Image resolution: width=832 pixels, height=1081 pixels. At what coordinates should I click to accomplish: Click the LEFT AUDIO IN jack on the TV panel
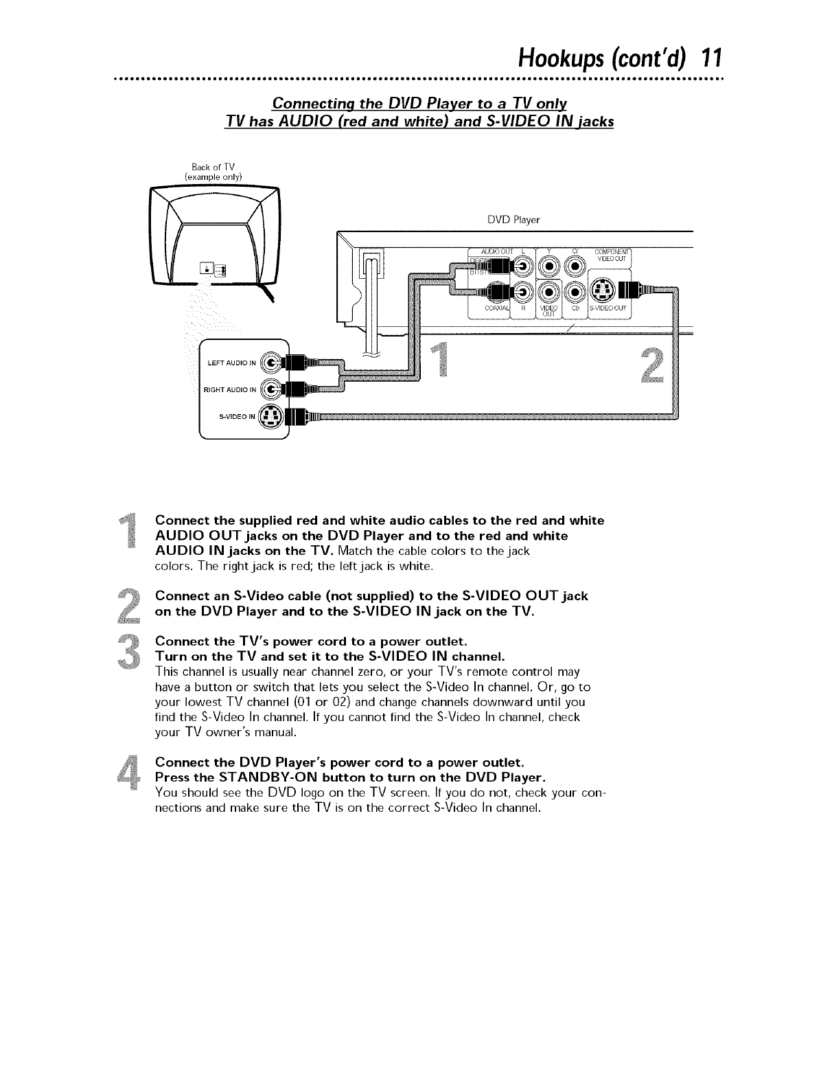(273, 362)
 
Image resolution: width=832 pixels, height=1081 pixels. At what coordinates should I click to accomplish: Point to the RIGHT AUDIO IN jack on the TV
(273, 389)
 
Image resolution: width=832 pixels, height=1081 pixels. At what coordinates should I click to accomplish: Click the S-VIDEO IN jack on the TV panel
(273, 416)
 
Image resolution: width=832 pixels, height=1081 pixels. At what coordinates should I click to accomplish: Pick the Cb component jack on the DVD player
(575, 291)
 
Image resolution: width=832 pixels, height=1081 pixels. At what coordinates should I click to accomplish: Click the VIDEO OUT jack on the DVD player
(550, 291)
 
